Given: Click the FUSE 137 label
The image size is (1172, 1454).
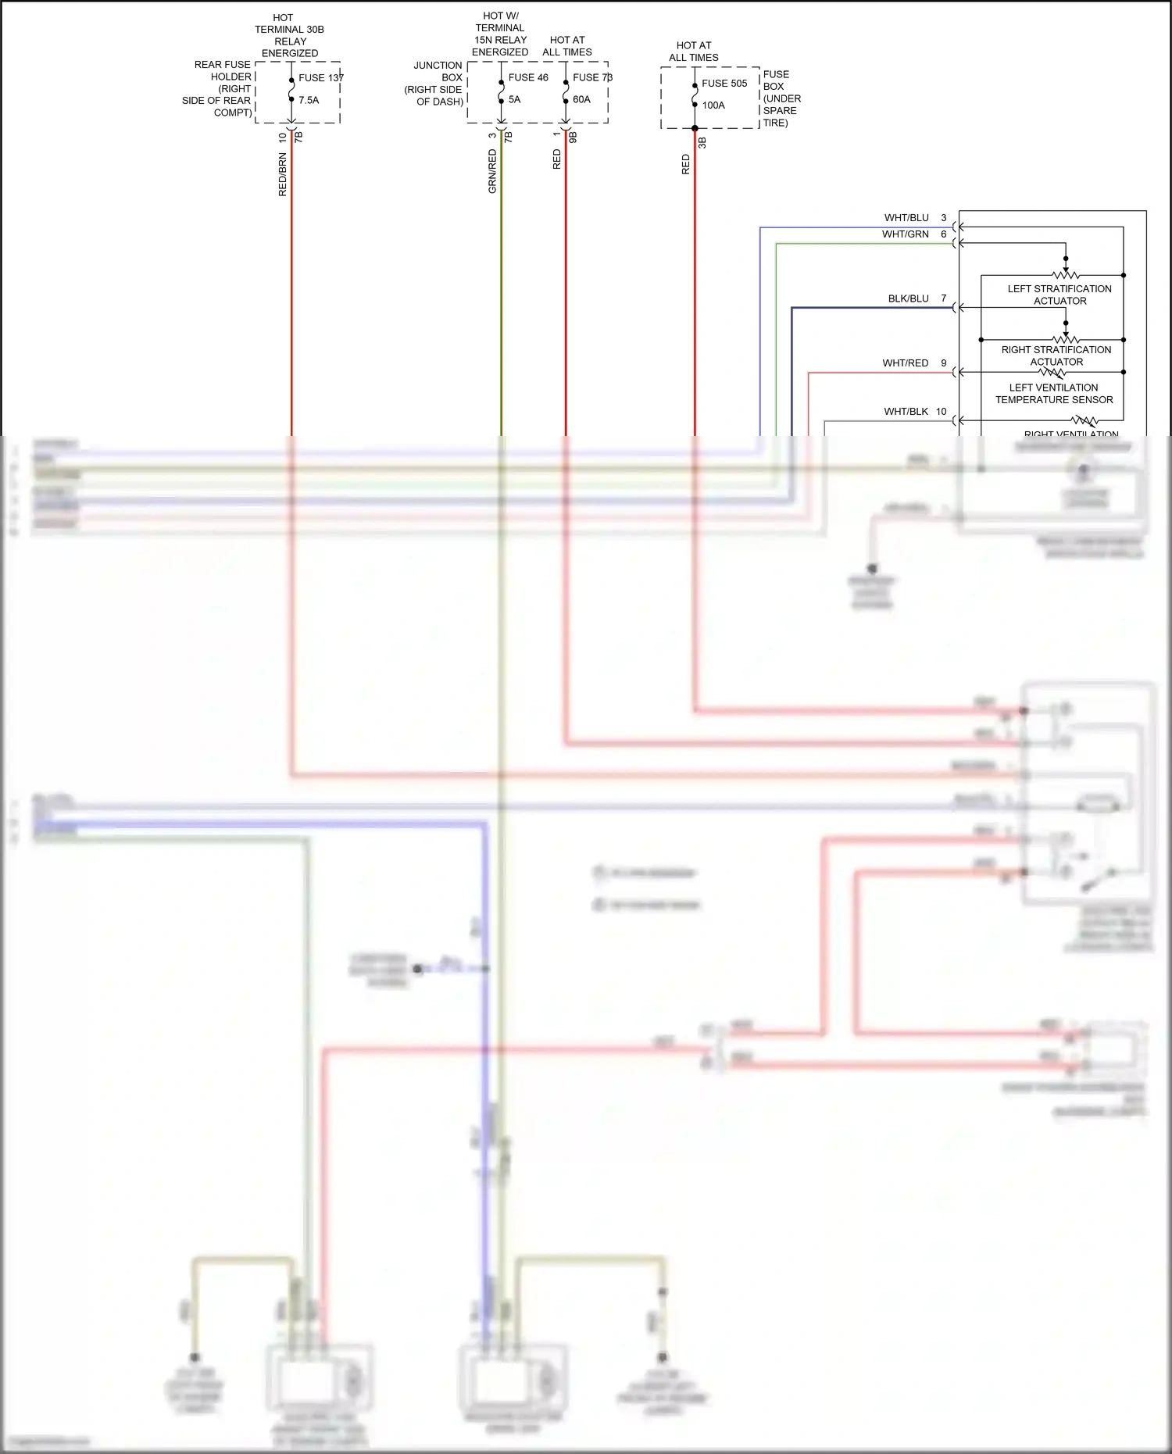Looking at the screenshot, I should click(x=320, y=77).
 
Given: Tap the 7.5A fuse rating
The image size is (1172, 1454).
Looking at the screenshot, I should click(x=309, y=100).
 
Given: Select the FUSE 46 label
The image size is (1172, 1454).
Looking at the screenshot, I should click(x=528, y=77).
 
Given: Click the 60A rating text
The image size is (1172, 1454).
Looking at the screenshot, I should click(x=581, y=99).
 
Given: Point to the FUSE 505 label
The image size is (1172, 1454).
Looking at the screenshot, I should click(x=724, y=83).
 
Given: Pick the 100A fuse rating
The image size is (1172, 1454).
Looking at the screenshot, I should click(x=713, y=105).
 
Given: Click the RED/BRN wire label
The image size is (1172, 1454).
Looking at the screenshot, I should click(x=283, y=174).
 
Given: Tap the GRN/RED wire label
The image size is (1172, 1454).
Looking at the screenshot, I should click(x=492, y=172).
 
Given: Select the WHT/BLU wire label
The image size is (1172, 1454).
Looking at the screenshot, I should click(x=906, y=218).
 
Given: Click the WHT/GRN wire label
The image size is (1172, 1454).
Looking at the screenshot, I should click(x=906, y=234).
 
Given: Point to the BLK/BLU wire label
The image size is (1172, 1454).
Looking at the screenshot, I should click(x=908, y=298).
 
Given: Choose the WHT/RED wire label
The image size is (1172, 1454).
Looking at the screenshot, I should click(x=906, y=363).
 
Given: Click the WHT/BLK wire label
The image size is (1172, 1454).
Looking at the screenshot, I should click(x=906, y=412).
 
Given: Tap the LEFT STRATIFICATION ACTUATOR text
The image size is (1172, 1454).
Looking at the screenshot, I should click(x=1059, y=295).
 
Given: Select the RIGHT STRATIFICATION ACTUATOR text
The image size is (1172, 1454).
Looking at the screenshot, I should click(x=1056, y=355).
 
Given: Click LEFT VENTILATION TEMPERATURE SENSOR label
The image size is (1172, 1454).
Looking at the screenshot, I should click(x=1054, y=394).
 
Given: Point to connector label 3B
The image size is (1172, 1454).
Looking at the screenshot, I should click(x=702, y=143).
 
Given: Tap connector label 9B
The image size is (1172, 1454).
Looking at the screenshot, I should click(x=573, y=137).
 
